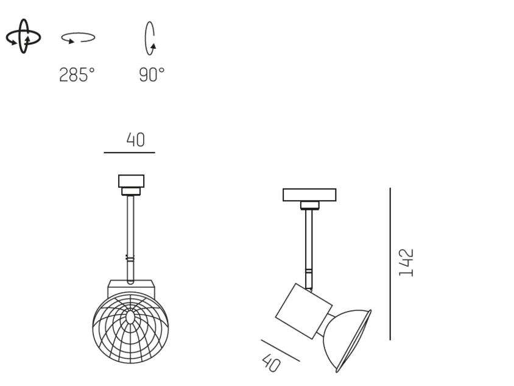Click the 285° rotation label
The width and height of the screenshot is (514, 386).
point(77,74)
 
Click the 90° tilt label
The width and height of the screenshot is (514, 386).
point(152,74)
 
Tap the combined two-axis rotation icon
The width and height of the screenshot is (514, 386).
point(23,37)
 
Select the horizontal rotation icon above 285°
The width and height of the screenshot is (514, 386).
point(78,38)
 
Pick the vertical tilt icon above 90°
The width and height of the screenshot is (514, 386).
point(150,38)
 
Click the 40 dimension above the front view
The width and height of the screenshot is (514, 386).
point(135,140)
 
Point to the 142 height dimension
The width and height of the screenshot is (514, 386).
point(406,263)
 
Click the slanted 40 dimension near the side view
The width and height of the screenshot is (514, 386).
point(272,362)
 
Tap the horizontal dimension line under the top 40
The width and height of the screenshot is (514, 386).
point(130,152)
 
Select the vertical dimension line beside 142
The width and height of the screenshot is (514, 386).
point(390,264)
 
